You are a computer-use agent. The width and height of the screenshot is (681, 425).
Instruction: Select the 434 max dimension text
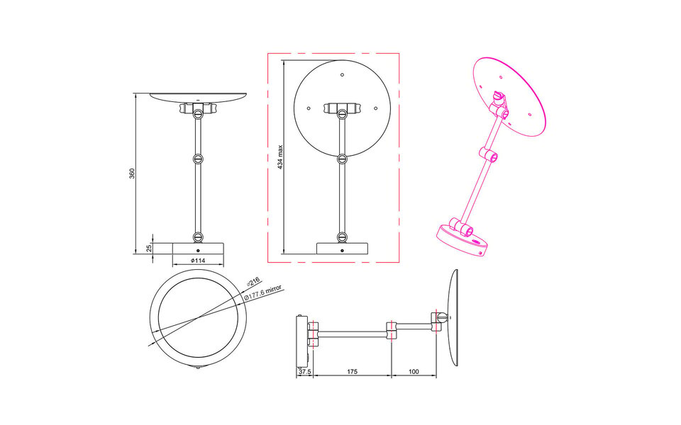tap(280, 157)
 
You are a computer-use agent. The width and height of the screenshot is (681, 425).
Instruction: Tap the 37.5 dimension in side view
tap(304, 370)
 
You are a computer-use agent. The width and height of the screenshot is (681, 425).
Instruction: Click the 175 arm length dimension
tap(352, 370)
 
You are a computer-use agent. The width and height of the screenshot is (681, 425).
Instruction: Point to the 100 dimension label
tap(414, 370)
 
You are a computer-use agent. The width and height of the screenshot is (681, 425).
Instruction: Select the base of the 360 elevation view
tap(199, 248)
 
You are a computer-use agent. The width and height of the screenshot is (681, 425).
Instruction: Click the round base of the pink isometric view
tap(460, 242)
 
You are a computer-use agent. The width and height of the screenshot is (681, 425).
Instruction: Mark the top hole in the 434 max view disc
tap(342, 75)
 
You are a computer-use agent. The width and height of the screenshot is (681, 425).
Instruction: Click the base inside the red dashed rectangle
tap(343, 249)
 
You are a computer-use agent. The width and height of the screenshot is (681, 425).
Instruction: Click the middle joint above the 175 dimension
tap(392, 329)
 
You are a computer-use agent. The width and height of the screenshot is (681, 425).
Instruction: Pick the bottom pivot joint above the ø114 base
tap(199, 237)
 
